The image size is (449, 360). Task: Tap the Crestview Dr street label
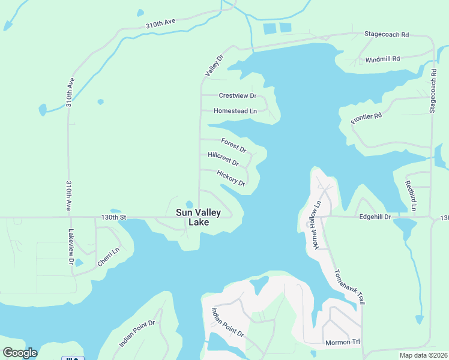pos(237,95)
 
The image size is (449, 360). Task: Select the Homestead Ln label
pos(235,111)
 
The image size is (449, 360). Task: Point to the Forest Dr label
pos(234,145)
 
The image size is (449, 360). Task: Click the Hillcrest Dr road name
pos(223,159)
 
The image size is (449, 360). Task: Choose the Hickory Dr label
pos(231,178)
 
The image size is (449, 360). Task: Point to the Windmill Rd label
pos(382,59)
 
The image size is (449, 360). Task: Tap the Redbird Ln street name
pos(410,195)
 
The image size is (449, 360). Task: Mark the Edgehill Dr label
pos(375,217)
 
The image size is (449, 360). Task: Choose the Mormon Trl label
pos(342,343)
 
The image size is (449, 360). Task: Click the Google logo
pos(20,352)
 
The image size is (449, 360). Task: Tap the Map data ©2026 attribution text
pos(423,355)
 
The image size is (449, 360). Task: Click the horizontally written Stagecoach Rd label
pos(387,35)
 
